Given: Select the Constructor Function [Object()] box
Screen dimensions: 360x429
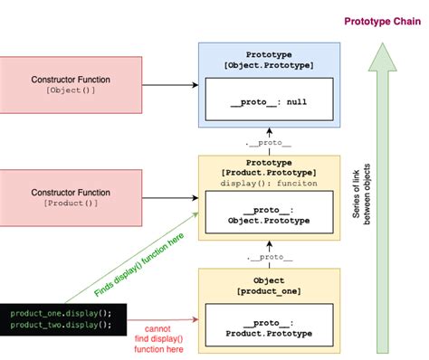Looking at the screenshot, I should (71, 86).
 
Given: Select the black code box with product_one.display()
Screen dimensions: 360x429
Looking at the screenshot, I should (62, 319).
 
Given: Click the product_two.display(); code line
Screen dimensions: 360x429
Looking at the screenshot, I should (62, 325).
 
